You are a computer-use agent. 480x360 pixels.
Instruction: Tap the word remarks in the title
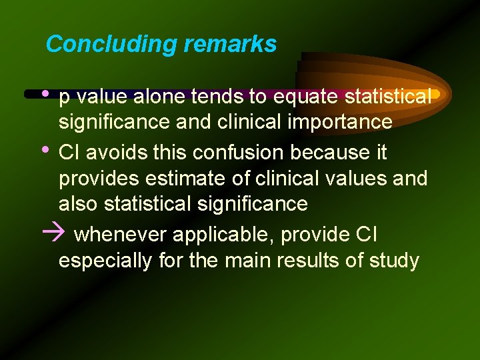pyautogui.click(x=230, y=45)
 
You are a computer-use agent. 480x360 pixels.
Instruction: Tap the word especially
pyautogui.click(x=105, y=261)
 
